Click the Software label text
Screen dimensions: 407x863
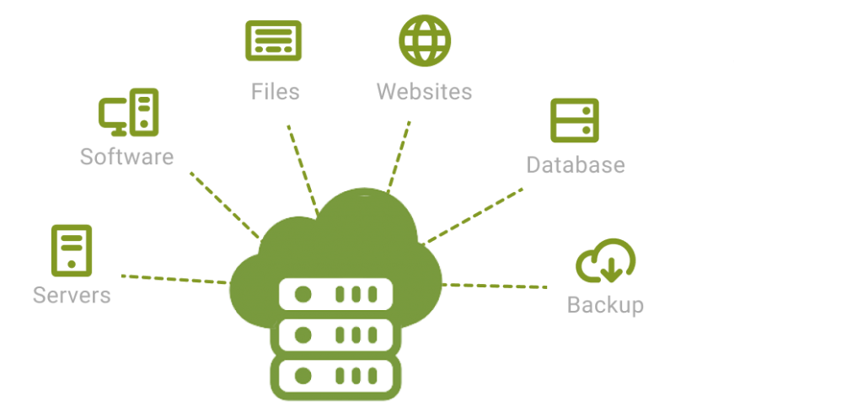[127, 155]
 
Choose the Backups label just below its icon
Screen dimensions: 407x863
[608, 303]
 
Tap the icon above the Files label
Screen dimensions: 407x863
[271, 38]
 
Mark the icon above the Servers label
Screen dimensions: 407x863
[71, 244]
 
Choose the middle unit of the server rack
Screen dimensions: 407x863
[337, 333]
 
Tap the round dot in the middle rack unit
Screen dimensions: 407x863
[302, 333]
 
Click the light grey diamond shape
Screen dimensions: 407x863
[734, 63]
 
